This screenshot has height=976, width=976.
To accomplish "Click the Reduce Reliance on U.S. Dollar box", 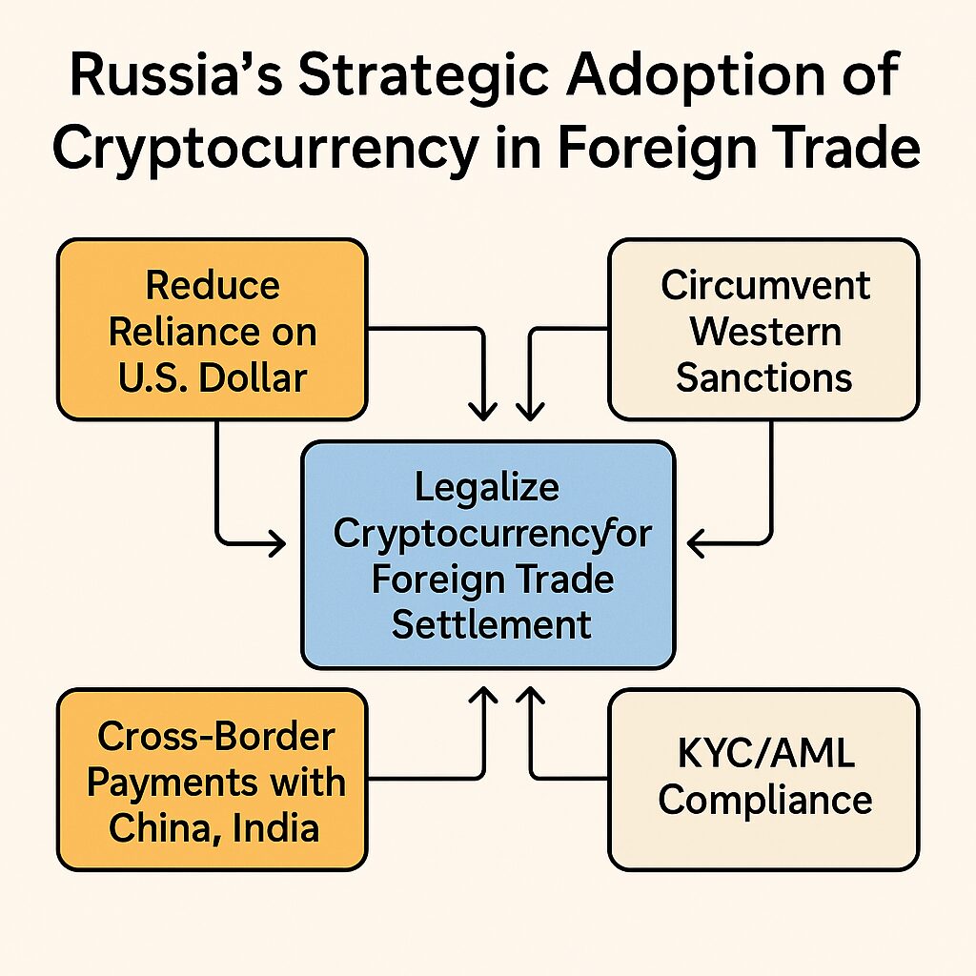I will point(212,330).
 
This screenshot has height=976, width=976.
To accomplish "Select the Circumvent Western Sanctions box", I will point(763,330).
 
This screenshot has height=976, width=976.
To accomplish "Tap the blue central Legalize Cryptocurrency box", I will point(488,554).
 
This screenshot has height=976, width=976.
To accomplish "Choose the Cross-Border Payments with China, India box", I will point(212,780).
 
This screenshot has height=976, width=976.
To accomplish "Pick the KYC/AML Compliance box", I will point(763,780).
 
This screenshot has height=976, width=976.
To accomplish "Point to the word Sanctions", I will point(763,377).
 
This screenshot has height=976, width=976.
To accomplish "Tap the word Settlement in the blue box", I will point(492,624).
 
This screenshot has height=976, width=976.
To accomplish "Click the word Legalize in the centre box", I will point(487,487).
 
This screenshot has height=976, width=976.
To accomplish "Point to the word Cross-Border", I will point(216,736).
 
